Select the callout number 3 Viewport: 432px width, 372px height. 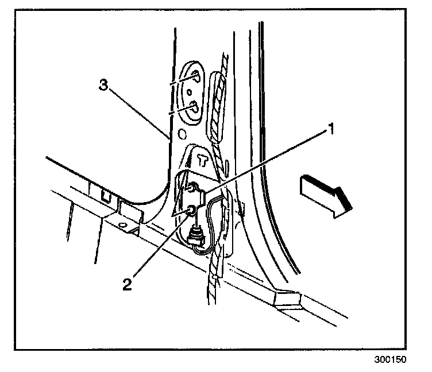tap(103, 86)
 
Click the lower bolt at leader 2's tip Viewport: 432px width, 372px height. tap(189, 210)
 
